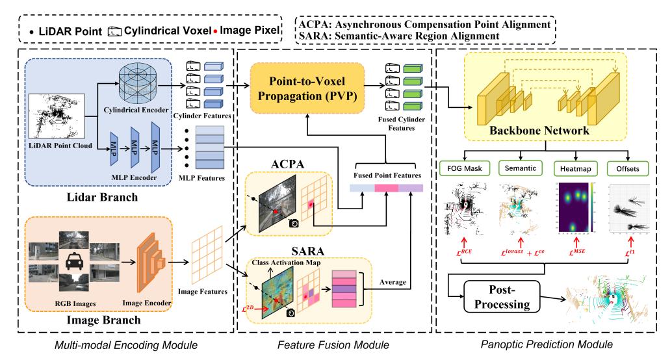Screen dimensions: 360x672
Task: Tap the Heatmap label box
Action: (x=571, y=168)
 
